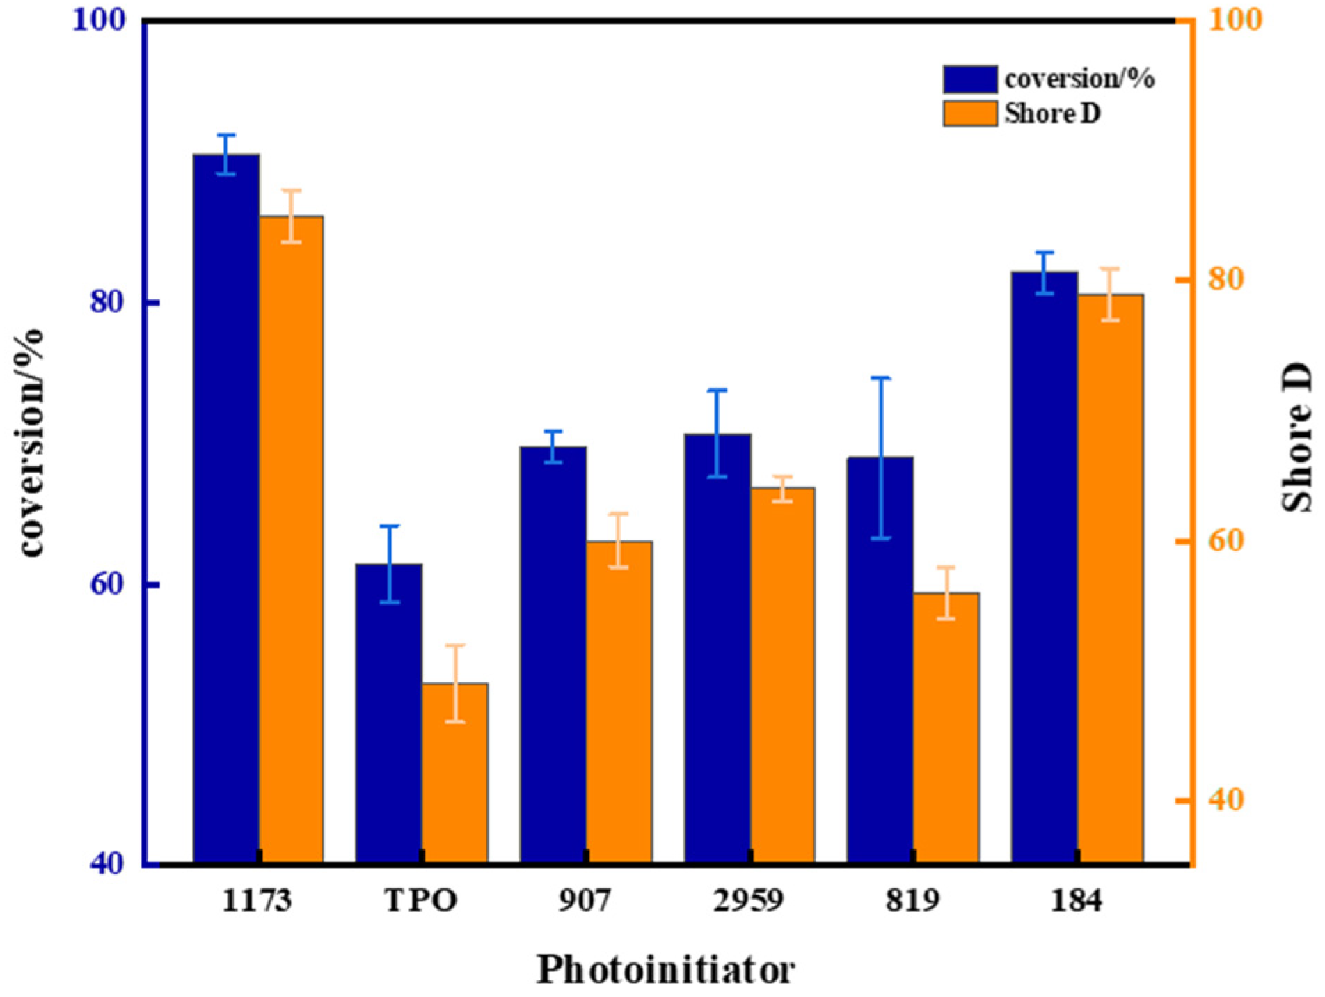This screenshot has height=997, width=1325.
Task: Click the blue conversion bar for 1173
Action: tap(226, 508)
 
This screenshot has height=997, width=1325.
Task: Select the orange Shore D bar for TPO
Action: tap(454, 773)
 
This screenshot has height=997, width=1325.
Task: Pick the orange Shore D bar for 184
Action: tap(1111, 578)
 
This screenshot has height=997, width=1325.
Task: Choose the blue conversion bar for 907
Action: tap(553, 654)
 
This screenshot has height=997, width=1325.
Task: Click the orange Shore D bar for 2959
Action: tap(782, 675)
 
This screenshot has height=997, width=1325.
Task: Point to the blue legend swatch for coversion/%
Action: tap(970, 79)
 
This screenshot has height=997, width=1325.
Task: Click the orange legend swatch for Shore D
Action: tap(970, 113)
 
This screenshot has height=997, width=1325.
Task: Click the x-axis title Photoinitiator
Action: tap(665, 969)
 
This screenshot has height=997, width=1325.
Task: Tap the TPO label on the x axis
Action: tap(421, 902)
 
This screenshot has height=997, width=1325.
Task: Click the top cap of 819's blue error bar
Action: tap(881, 378)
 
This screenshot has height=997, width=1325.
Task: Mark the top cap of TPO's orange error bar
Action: tap(455, 645)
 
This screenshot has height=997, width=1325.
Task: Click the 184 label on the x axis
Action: tap(1077, 902)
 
